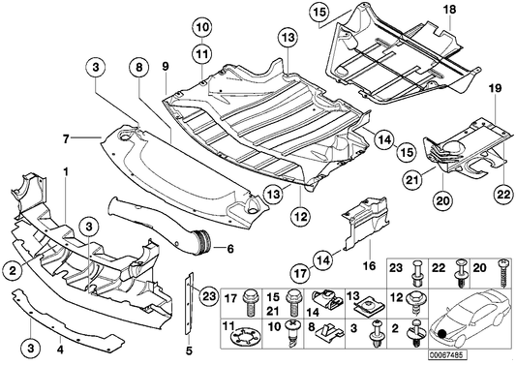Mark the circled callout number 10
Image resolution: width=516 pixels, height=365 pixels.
tap(200, 26)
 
